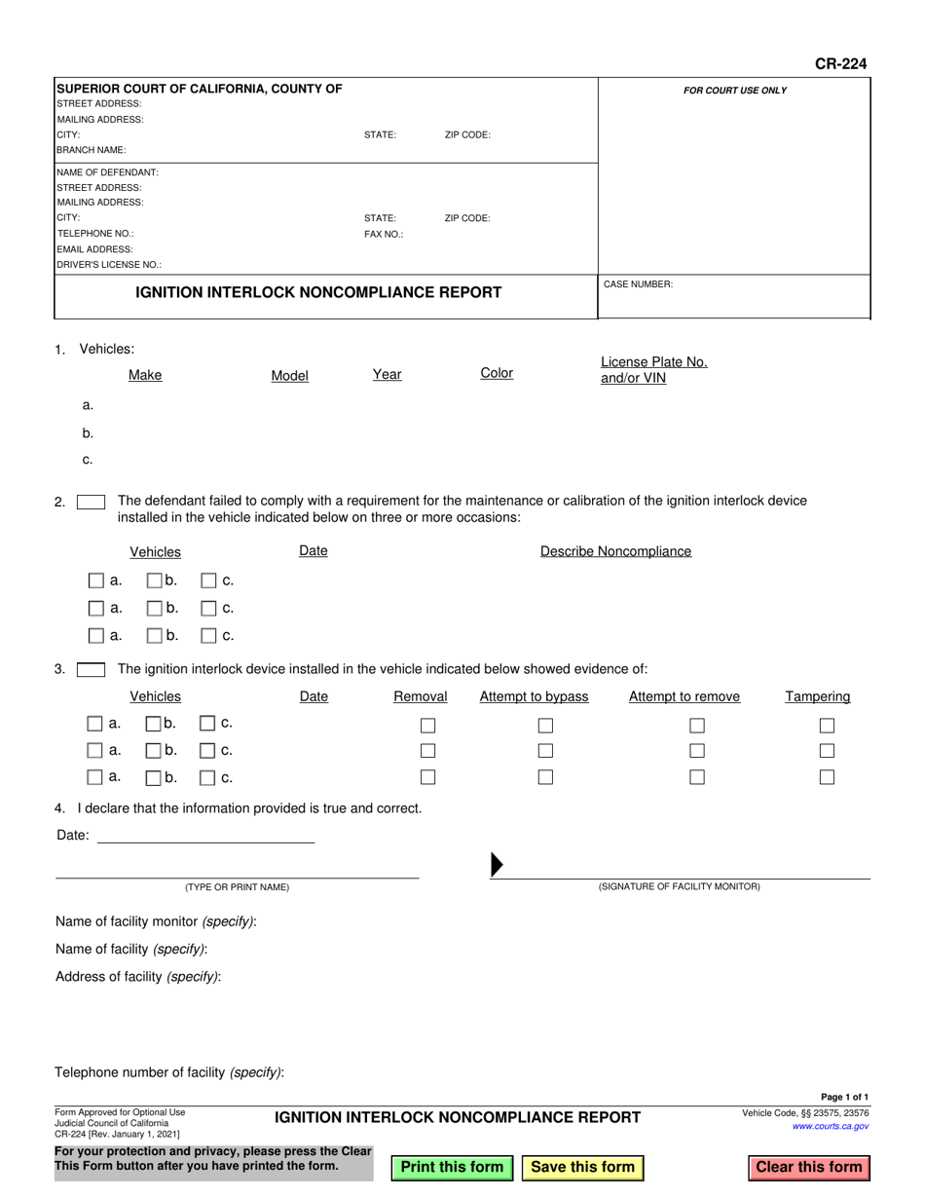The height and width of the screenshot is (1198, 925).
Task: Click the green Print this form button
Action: pos(452,1167)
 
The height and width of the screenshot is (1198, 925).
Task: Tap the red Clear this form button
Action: pos(809,1167)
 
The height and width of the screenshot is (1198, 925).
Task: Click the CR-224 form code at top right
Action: pos(840,64)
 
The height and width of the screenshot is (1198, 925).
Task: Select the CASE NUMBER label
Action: pos(638,284)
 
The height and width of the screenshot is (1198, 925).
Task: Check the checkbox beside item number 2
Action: pos(91,503)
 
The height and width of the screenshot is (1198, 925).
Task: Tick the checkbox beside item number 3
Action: pos(91,669)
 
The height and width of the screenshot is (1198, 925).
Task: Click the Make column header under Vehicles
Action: pos(145,375)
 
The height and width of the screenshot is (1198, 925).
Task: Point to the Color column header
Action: pos(497,373)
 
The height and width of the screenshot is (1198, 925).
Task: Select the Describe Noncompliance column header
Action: pos(615,551)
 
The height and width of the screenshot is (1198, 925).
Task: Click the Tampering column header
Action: pos(818,696)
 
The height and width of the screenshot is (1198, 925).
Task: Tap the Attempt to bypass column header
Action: pos(534,696)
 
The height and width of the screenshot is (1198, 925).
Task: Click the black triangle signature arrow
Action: pos(497,864)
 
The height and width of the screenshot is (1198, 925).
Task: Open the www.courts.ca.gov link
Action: pos(831,1126)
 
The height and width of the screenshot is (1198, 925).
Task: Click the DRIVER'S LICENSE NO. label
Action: pos(109,264)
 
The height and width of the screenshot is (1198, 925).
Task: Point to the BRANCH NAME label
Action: pos(92,150)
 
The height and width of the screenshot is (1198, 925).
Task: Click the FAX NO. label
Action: pos(384,234)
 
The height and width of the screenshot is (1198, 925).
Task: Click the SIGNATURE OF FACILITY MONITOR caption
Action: pos(679,886)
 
